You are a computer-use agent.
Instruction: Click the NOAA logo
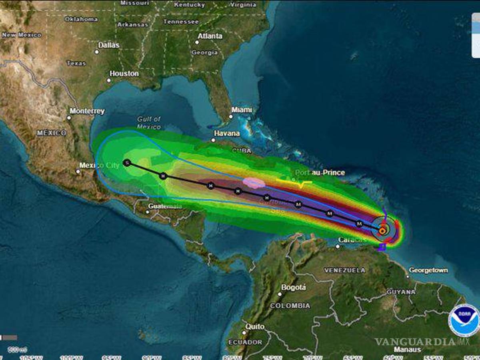tap(464, 320)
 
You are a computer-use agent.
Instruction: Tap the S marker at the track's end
tap(127, 163)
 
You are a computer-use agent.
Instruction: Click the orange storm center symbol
tap(382, 230)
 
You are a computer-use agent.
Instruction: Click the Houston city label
tap(124, 74)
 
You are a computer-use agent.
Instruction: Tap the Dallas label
tap(109, 45)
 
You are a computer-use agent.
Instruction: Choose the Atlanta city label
tap(210, 36)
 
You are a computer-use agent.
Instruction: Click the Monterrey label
tap(87, 111)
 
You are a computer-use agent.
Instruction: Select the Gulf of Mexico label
tap(149, 123)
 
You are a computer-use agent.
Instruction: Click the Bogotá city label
tap(294, 288)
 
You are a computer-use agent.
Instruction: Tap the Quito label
tap(255, 327)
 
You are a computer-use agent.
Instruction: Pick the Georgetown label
tap(428, 270)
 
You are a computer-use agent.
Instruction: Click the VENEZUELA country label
tap(344, 270)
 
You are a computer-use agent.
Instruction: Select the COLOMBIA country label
tap(290, 306)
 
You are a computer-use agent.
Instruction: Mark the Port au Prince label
tap(320, 173)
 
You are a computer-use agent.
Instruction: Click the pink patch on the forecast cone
tap(254, 183)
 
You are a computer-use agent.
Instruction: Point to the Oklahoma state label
tap(81, 19)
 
